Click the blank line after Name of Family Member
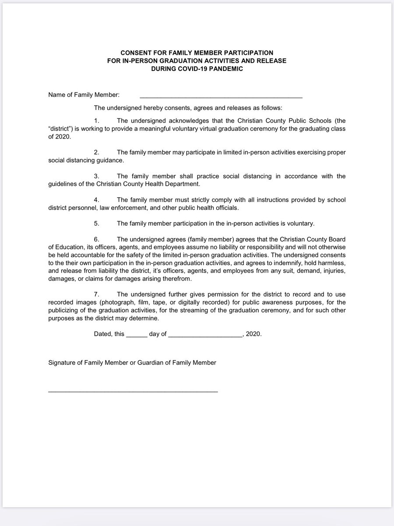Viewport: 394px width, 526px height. pyautogui.click(x=221, y=96)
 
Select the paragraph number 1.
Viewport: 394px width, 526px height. pyautogui.click(x=97, y=120)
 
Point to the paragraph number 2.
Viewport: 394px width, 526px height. pyautogui.click(x=97, y=152)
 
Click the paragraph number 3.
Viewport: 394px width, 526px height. pyautogui.click(x=97, y=176)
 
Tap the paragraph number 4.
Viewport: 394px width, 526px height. pyautogui.click(x=97, y=200)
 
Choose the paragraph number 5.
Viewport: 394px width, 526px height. pyautogui.click(x=97, y=224)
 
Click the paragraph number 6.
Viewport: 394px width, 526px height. pyautogui.click(x=97, y=239)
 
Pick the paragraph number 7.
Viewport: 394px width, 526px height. pyautogui.click(x=97, y=295)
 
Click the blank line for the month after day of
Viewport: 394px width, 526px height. pyautogui.click(x=205, y=334)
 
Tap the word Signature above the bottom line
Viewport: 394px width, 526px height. pyautogui.click(x=62, y=363)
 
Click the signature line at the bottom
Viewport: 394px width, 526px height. pyautogui.click(x=133, y=391)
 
